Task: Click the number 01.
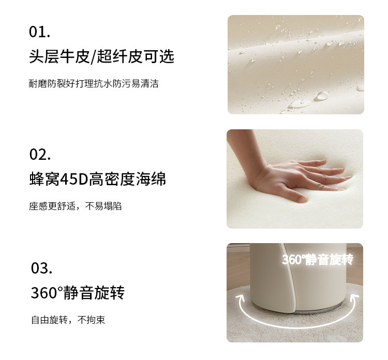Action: [39, 32]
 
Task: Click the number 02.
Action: [40, 154]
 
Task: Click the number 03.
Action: [41, 268]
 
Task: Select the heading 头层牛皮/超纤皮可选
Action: [101, 57]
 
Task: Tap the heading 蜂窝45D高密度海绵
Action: [97, 179]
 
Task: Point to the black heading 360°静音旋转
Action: [78, 293]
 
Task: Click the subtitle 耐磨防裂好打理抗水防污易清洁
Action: [94, 84]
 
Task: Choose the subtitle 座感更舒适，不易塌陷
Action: [75, 206]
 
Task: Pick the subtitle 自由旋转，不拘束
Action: [68, 320]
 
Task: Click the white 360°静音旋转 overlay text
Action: [318, 260]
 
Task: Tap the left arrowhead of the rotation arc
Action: [240, 297]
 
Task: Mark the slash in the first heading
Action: [93, 57]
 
